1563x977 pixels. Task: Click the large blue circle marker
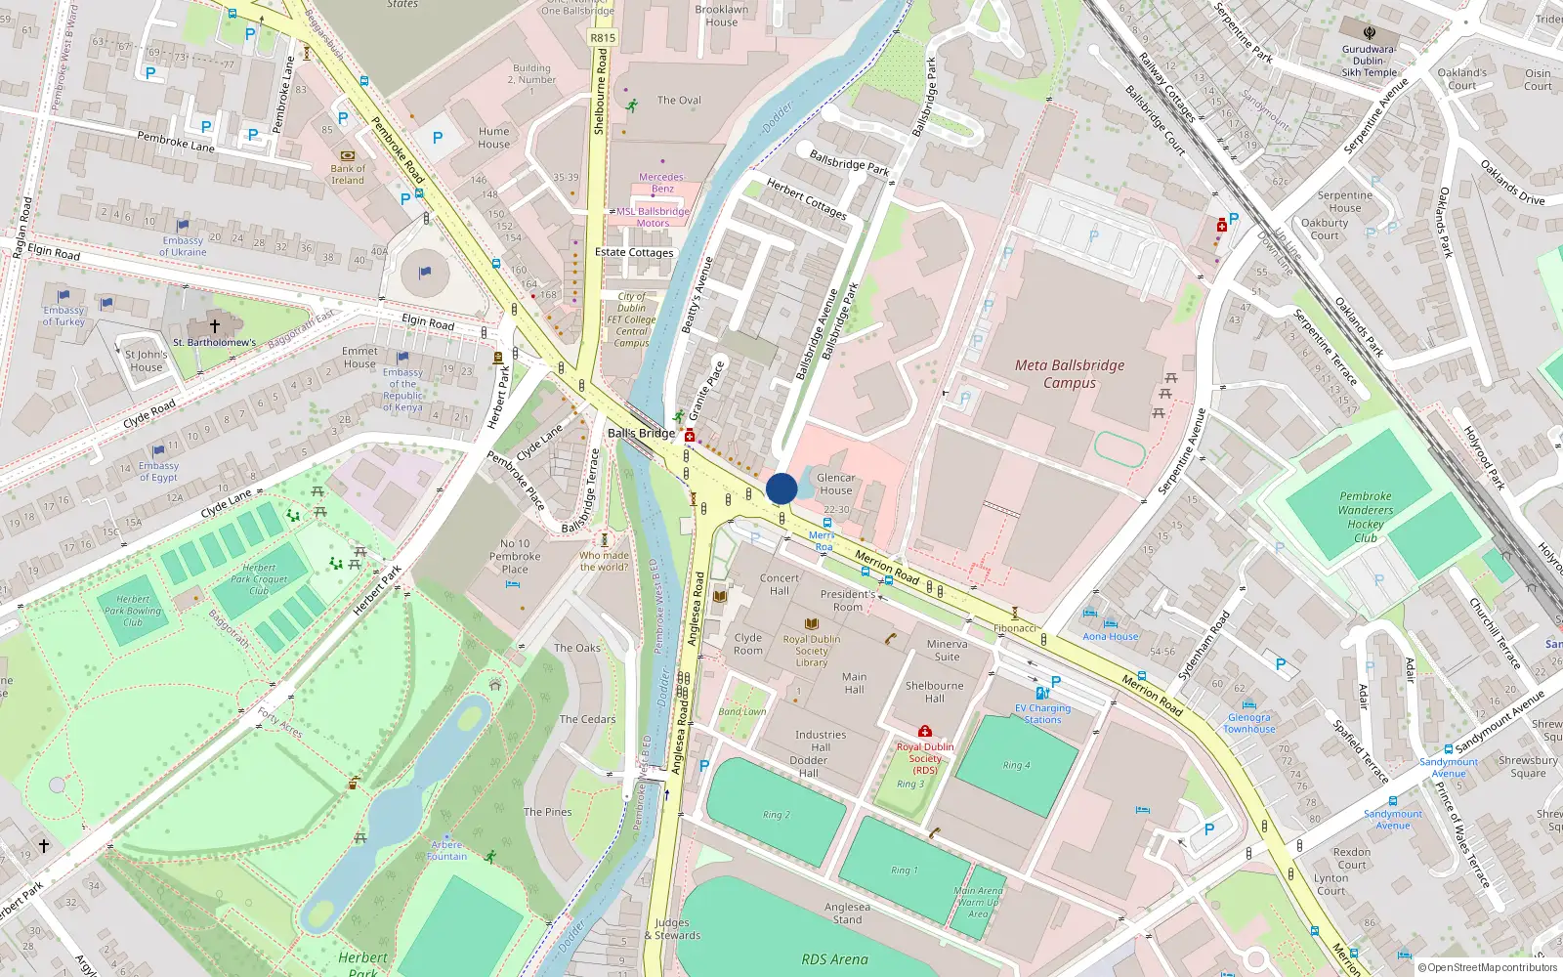781,488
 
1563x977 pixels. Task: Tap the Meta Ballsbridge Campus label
1070,374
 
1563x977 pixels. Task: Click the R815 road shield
603,38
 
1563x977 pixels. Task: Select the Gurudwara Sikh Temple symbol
1369,32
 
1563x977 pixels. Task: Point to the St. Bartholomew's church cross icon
215,325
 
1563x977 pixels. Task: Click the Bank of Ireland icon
348,155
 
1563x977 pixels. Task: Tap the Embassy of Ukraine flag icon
183,226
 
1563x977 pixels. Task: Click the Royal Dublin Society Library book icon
811,624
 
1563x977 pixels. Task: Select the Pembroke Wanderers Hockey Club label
1366,517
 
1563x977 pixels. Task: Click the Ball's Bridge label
641,433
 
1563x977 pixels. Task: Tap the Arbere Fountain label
446,850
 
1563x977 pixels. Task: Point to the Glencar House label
835,484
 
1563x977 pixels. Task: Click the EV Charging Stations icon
1041,694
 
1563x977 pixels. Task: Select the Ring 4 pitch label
1016,765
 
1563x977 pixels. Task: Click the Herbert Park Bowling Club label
133,611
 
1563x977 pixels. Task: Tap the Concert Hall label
780,584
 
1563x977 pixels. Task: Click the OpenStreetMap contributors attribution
1487,967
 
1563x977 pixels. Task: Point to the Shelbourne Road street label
600,93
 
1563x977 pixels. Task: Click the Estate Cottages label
634,252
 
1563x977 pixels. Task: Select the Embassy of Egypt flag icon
158,451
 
